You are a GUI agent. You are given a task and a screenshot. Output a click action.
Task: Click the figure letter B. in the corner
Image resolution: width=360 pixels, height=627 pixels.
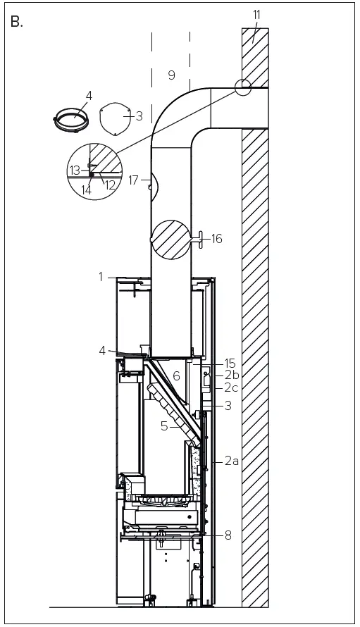coord(18,21)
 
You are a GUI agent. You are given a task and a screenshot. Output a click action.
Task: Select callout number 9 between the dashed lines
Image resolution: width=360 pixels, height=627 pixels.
coord(171,75)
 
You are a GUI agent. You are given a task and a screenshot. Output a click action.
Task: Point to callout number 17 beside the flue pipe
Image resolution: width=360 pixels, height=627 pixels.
coord(134,180)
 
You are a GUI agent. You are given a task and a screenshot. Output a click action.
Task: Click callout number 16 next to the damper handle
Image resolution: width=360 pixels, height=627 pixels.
coord(216,239)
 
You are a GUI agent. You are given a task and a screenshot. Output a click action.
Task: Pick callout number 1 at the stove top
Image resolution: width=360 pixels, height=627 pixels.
coord(101,277)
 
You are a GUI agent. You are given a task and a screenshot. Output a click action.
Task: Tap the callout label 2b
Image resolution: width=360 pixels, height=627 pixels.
coord(232,375)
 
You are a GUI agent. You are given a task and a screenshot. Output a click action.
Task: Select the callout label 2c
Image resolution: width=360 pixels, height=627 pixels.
coord(232,388)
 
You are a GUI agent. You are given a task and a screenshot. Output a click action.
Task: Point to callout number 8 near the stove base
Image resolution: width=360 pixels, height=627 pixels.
coord(228,535)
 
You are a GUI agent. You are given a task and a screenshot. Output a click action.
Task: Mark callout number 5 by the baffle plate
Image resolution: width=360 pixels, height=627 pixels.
coord(164,426)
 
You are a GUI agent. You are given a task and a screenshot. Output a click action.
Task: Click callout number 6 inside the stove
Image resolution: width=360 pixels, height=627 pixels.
coord(177,376)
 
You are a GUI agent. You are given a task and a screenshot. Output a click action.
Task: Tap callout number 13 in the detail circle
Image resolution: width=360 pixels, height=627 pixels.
coord(75,170)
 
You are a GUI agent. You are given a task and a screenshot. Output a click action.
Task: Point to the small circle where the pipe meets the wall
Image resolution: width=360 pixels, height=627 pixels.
coord(242,87)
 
